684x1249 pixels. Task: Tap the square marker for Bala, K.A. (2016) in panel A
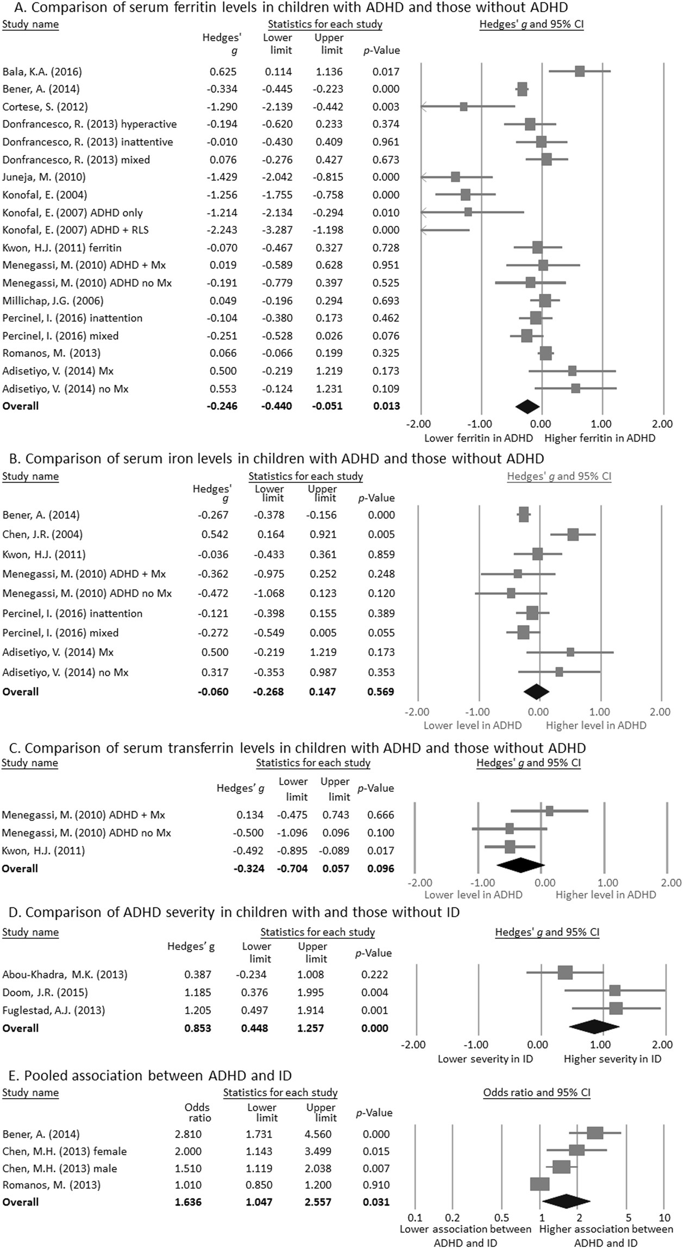[x=580, y=72]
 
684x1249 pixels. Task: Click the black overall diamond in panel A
[x=527, y=406]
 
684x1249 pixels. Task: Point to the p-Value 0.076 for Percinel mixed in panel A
[x=386, y=336]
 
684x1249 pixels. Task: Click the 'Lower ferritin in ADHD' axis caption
[x=478, y=438]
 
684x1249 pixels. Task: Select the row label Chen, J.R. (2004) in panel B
[x=42, y=534]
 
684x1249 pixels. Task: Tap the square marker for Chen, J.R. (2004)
[x=573, y=534]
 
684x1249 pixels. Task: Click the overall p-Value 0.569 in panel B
[x=381, y=692]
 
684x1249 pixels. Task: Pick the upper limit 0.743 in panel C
[x=335, y=815]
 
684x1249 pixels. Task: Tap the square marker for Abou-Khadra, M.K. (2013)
[x=565, y=972]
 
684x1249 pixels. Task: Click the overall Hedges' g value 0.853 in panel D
[x=198, y=1028]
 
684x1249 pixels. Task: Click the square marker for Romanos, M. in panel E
[x=539, y=1184]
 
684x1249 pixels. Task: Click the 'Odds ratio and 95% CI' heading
[x=536, y=1092]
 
